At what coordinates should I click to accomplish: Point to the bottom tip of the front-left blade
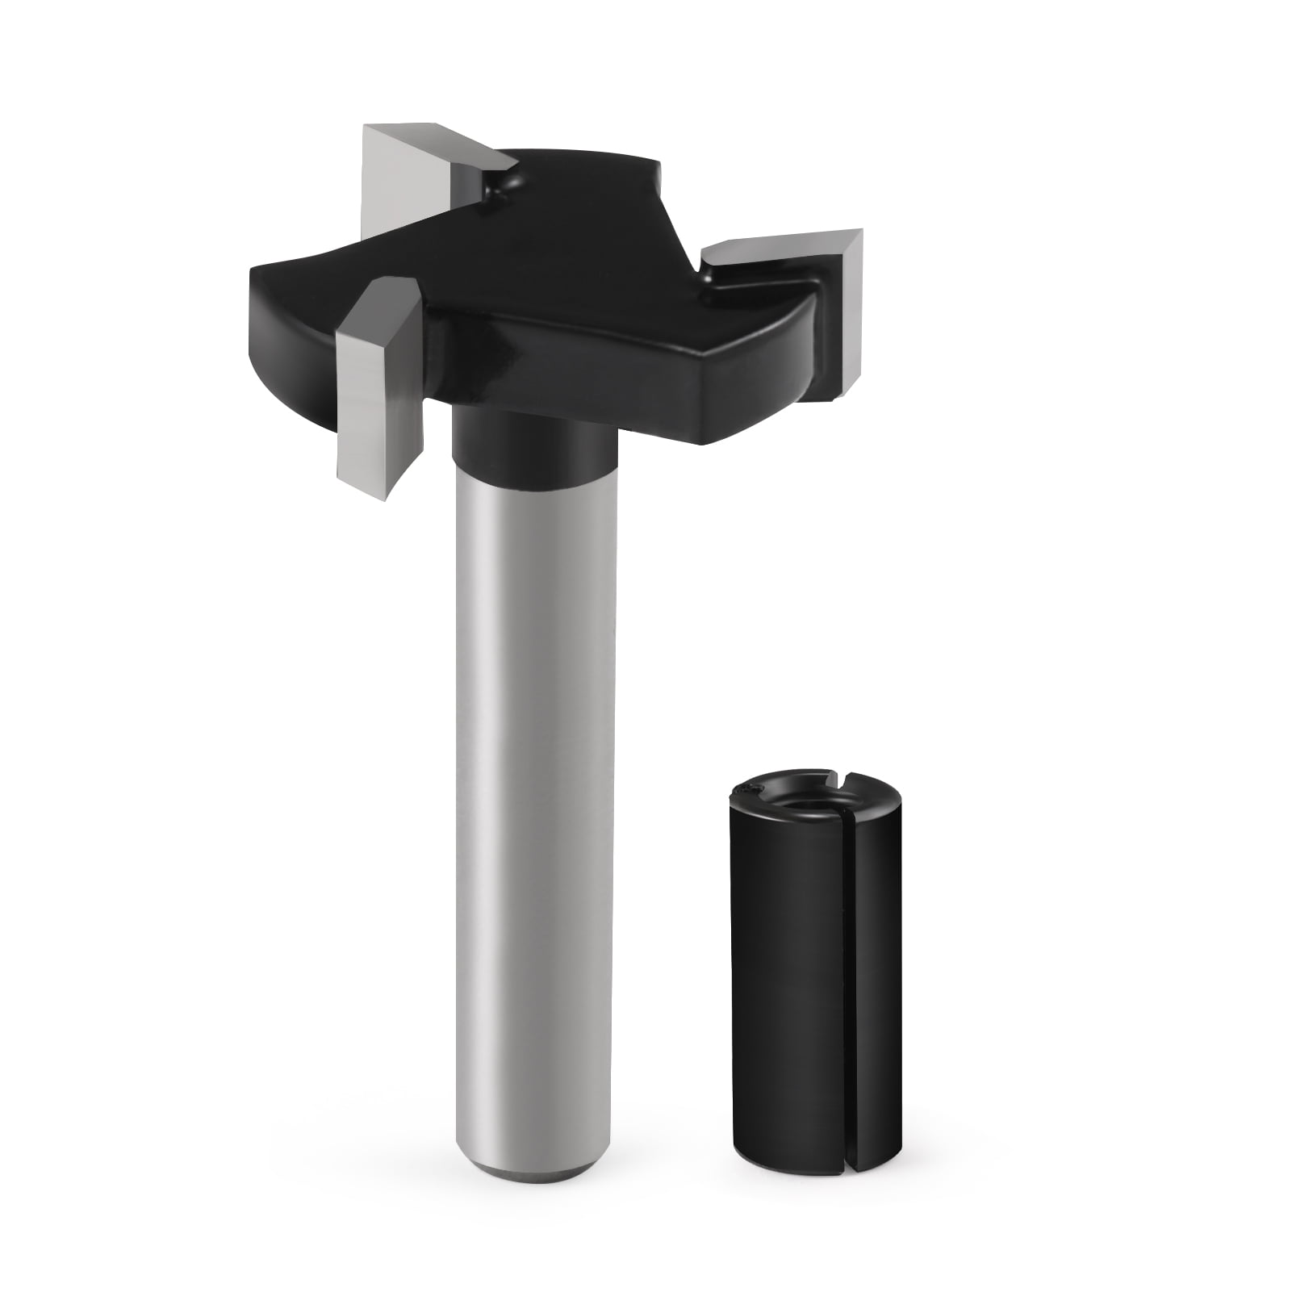coord(391,494)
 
